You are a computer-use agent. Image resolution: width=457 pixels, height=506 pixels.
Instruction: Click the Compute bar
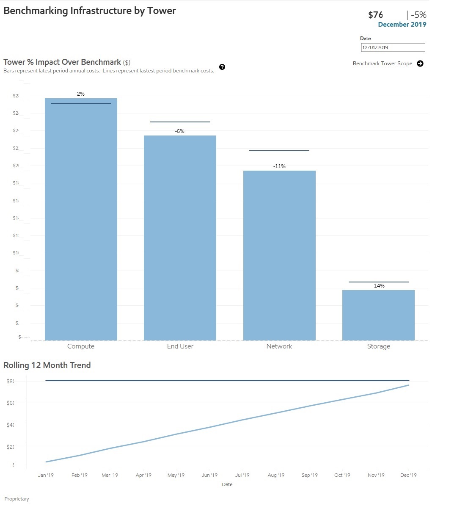[81, 220]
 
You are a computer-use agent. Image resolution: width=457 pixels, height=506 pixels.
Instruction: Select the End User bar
[180, 237]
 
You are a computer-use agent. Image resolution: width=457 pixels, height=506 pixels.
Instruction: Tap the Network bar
[279, 254]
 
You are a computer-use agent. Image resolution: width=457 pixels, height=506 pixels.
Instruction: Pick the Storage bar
[378, 315]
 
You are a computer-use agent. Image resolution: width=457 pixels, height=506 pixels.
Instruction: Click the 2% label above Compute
[81, 94]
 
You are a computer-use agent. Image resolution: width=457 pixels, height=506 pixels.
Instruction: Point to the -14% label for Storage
[378, 286]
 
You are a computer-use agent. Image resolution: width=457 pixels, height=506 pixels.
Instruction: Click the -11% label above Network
[279, 166]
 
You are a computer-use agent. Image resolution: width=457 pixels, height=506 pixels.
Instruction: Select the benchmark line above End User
[180, 122]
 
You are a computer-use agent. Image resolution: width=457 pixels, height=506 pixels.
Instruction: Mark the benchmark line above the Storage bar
[378, 282]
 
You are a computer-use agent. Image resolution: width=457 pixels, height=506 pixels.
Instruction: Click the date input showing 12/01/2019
[393, 47]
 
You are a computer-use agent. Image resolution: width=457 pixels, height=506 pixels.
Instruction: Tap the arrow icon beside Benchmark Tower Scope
[420, 64]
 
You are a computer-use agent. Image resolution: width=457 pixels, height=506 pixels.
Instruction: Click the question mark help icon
[222, 67]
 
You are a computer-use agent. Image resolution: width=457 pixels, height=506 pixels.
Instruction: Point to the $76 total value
[375, 15]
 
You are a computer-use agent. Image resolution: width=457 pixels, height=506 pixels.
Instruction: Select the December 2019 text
[402, 25]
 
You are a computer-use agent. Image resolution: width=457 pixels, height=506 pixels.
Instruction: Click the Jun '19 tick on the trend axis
[209, 475]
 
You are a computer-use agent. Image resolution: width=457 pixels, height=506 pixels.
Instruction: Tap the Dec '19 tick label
[408, 475]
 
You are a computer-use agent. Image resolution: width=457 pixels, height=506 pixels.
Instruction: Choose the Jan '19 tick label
[46, 475]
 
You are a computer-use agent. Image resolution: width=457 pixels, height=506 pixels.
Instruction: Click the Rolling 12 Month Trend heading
[47, 365]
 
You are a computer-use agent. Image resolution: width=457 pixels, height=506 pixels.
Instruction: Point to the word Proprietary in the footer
[17, 499]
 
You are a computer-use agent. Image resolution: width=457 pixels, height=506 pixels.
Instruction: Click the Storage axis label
[378, 346]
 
